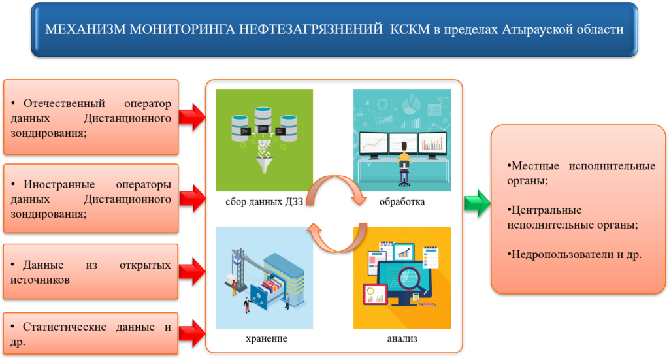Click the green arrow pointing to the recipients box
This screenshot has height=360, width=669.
pyautogui.click(x=478, y=203)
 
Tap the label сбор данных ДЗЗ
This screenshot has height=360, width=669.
pyautogui.click(x=264, y=202)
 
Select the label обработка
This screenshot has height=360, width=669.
pyautogui.click(x=402, y=202)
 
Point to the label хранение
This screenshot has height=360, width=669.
pyautogui.click(x=267, y=338)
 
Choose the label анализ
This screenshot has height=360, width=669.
pyautogui.click(x=402, y=338)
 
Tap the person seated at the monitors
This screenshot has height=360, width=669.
pyautogui.click(x=404, y=164)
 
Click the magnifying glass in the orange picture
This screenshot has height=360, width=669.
pyautogui.click(x=412, y=280)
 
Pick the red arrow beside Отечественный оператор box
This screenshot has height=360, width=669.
pyautogui.click(x=192, y=117)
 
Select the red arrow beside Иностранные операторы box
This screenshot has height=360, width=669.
pyautogui.click(x=192, y=199)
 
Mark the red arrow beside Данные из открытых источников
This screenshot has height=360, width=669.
pyautogui.click(x=192, y=272)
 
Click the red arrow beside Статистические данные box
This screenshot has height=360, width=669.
pyautogui.click(x=192, y=333)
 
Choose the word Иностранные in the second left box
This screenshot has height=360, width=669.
pyautogui.click(x=59, y=185)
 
